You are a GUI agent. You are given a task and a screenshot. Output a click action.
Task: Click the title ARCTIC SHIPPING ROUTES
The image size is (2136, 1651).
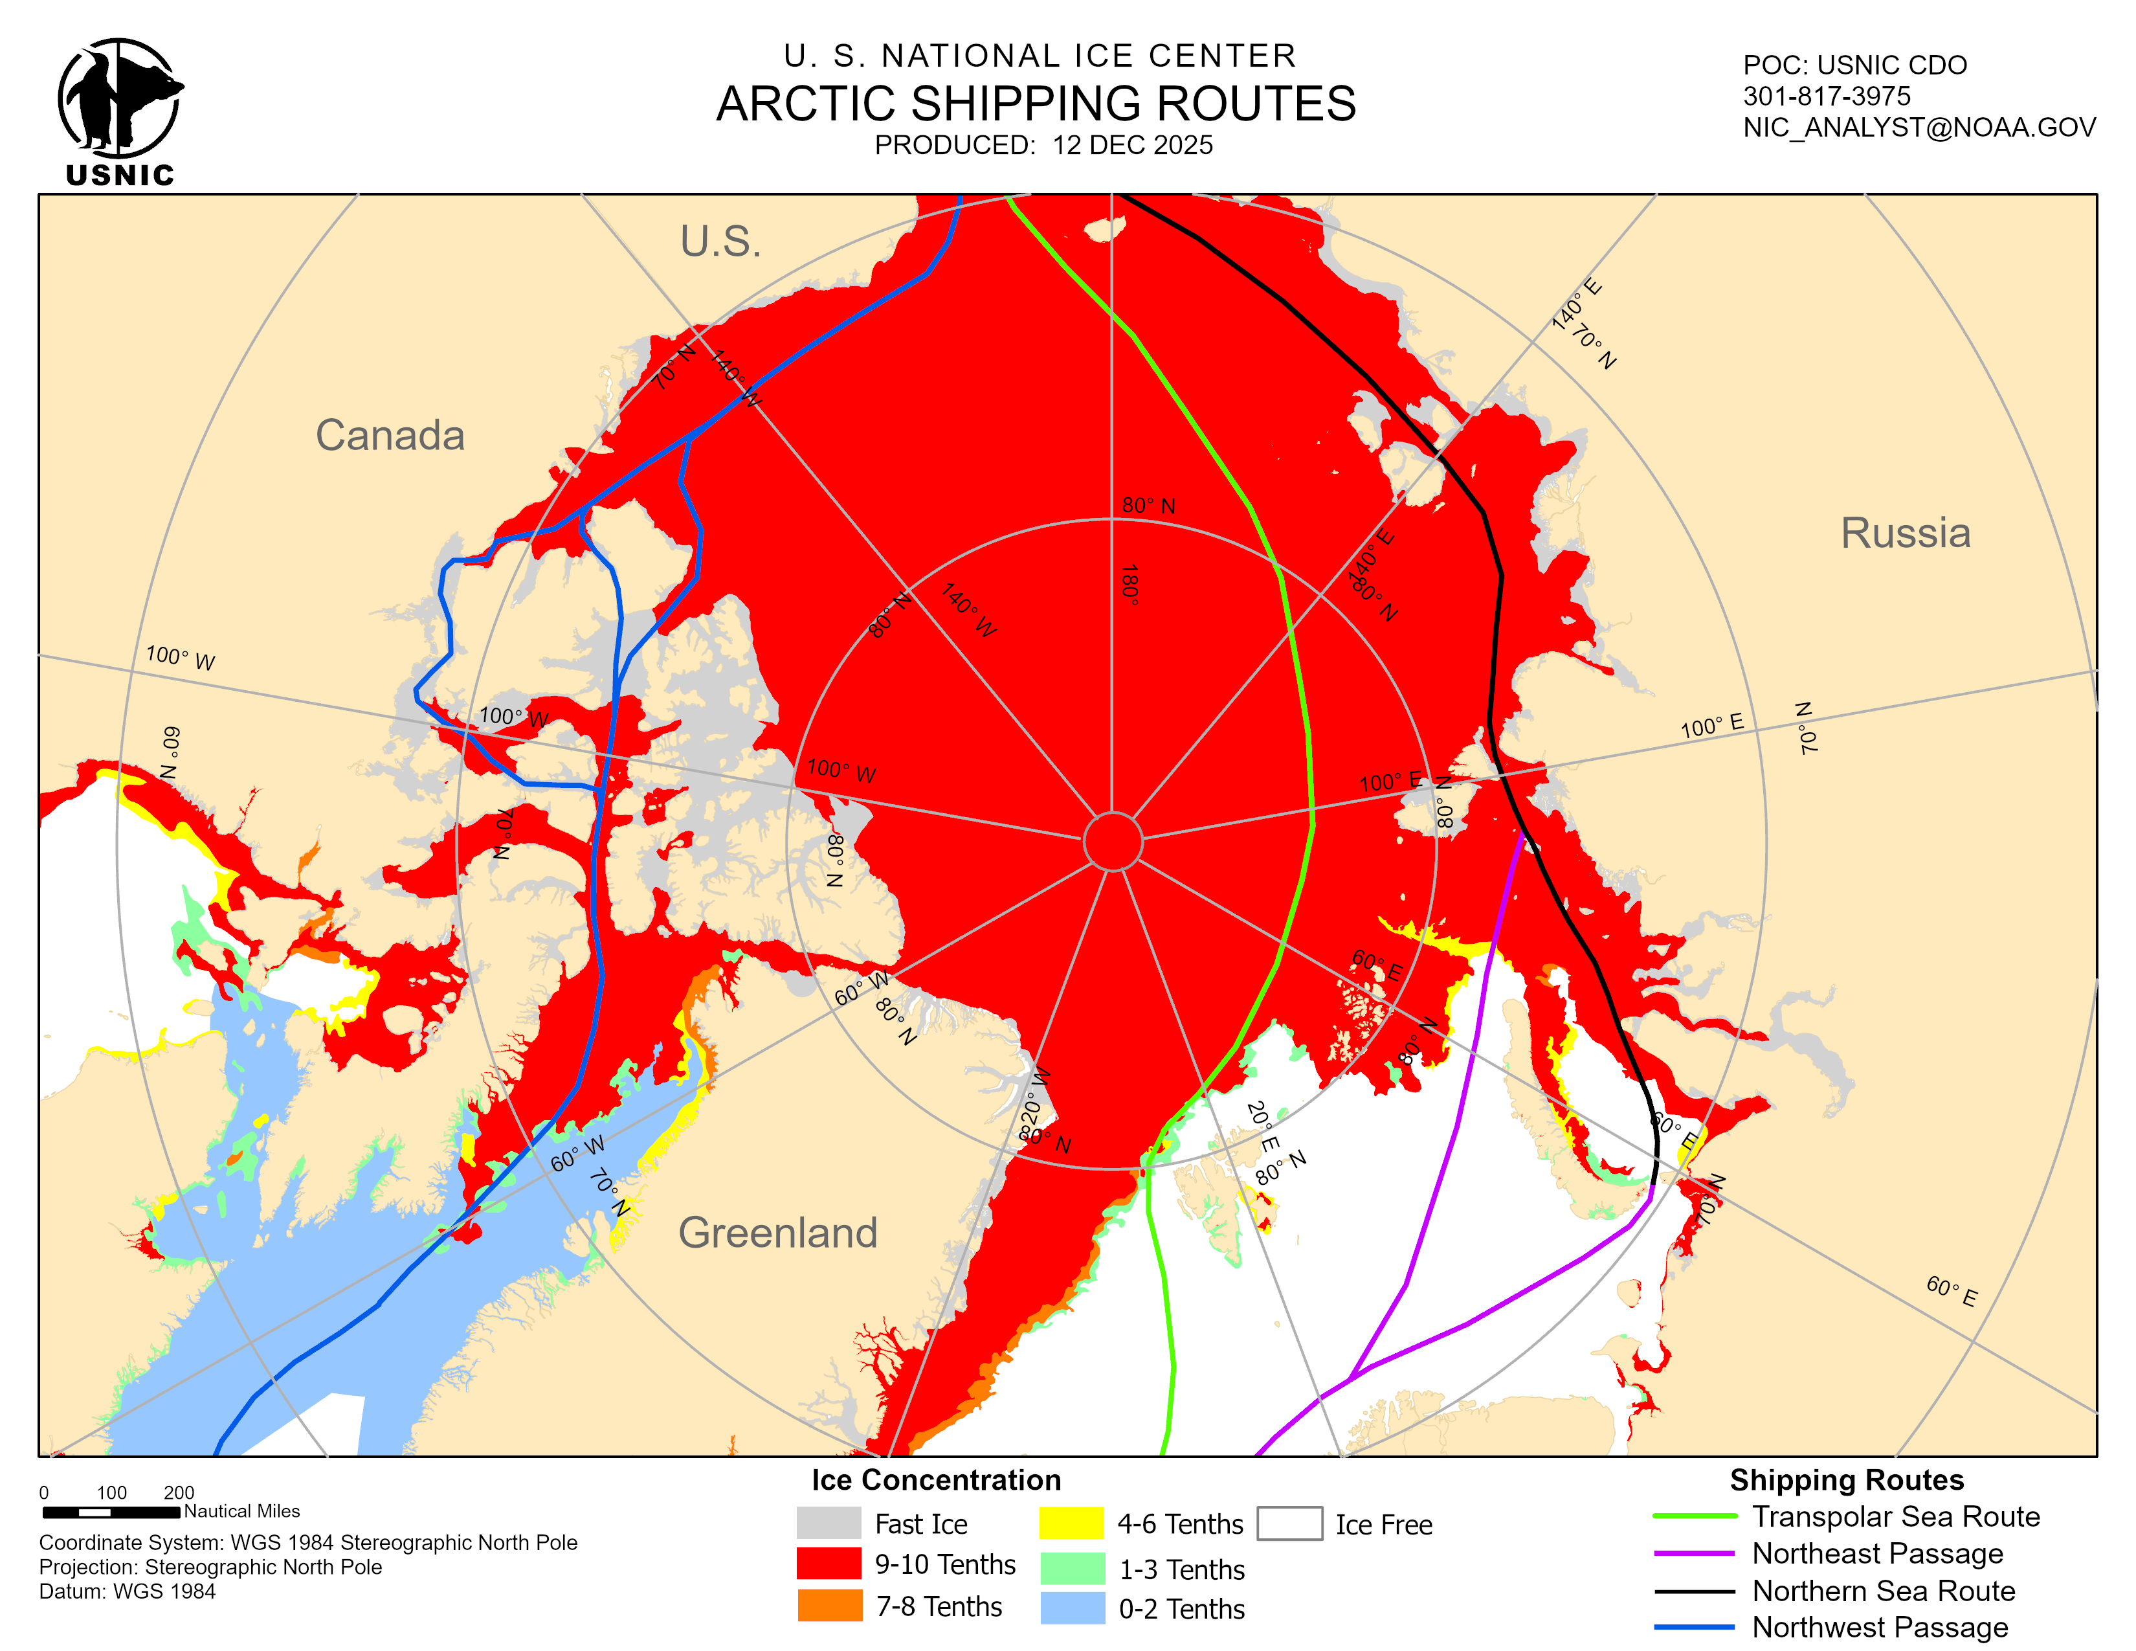pos(1036,104)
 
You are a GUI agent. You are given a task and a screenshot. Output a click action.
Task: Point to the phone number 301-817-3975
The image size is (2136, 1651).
pos(1826,96)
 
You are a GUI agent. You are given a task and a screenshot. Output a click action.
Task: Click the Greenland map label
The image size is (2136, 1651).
pos(777,1232)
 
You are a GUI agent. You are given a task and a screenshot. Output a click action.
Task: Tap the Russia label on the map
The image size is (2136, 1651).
pos(1904,533)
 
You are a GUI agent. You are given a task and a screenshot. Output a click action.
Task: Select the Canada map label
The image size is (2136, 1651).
pos(389,435)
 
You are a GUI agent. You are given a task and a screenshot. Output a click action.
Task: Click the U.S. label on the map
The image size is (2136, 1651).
pos(721,241)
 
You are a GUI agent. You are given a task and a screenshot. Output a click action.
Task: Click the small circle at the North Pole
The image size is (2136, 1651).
pos(1112,840)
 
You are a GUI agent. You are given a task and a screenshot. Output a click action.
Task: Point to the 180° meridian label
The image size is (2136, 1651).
pos(1129,585)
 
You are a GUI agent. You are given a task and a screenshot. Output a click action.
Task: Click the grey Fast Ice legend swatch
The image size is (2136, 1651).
pos(829,1523)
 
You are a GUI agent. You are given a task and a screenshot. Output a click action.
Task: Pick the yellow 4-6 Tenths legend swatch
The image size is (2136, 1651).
pos(1071,1523)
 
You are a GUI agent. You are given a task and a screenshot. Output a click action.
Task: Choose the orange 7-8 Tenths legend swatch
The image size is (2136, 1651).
pos(829,1605)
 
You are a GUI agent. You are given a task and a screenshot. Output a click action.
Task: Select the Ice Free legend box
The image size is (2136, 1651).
pos(1289,1523)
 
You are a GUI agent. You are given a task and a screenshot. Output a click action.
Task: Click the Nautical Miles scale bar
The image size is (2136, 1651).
pos(111,1512)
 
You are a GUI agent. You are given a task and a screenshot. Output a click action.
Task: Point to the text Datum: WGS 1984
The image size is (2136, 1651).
pos(127,1591)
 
